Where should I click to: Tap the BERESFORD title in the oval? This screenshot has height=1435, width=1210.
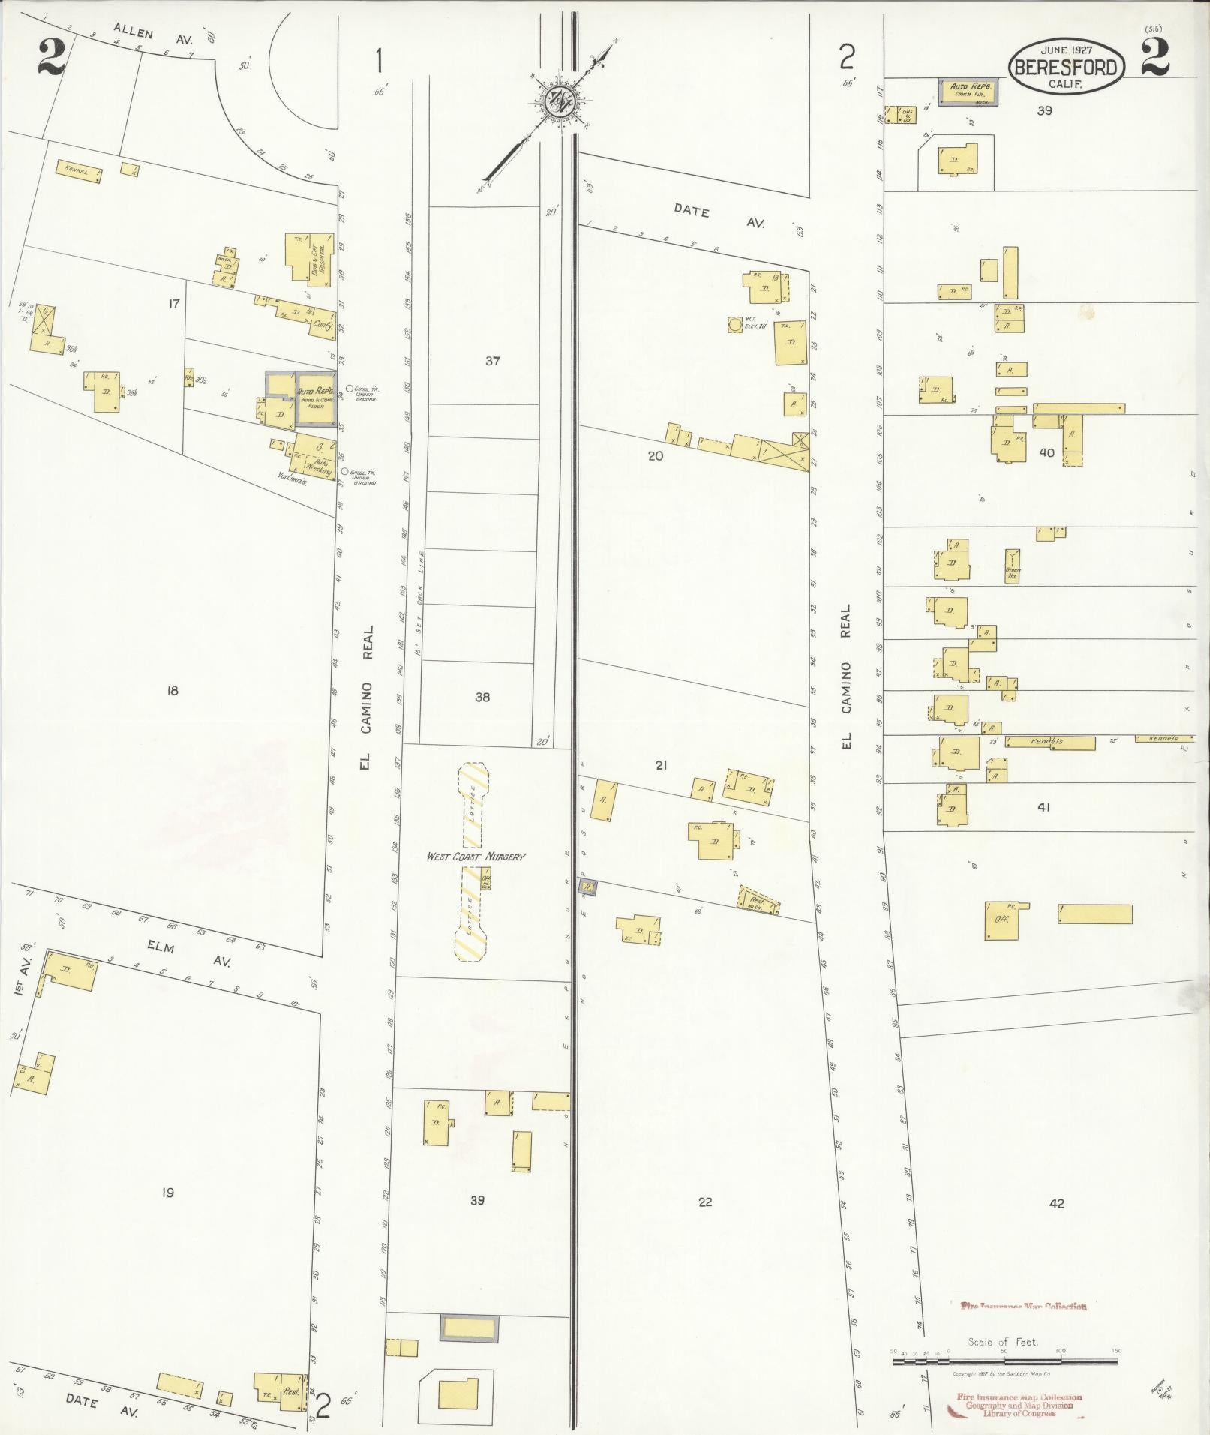tap(1066, 68)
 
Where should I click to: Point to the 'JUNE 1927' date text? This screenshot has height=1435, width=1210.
tap(1066, 50)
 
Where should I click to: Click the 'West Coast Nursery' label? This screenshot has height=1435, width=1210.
tap(476, 856)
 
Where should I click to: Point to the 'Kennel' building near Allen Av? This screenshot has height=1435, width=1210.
tap(78, 172)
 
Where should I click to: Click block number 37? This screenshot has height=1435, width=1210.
tap(492, 361)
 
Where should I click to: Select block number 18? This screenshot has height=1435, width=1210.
tap(173, 690)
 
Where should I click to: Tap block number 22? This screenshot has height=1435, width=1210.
tap(704, 1202)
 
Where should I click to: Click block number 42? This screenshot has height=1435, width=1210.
tap(1056, 1203)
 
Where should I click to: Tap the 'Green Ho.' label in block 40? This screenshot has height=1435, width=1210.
tap(1013, 572)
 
